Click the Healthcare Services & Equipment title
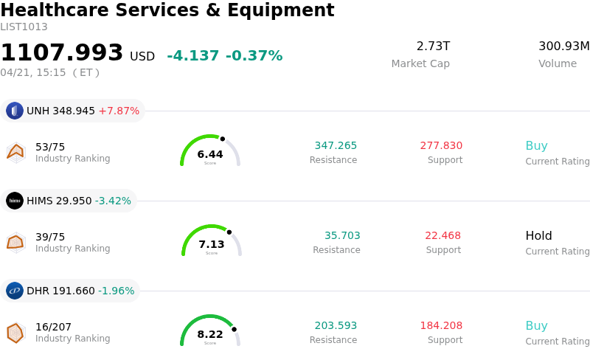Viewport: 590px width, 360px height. tap(167, 10)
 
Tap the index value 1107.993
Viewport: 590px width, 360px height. tap(62, 53)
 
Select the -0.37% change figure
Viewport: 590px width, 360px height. tap(254, 56)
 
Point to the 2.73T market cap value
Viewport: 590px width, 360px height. tap(433, 46)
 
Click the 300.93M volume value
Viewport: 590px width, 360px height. tap(563, 46)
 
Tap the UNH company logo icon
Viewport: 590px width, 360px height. tap(15, 111)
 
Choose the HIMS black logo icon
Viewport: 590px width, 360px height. tap(15, 201)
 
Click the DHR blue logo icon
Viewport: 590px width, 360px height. tap(15, 291)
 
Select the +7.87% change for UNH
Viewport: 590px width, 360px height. tap(119, 111)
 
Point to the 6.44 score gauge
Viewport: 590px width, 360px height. tap(210, 151)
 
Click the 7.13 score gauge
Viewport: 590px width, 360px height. tap(212, 241)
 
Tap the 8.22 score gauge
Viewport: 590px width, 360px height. tap(210, 331)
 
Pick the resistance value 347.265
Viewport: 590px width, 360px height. tap(336, 146)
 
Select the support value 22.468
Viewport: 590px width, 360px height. tap(442, 236)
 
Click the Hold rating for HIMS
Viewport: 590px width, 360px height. tap(538, 236)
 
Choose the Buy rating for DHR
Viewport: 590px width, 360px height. tap(536, 326)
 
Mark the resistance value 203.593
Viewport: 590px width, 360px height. tap(336, 326)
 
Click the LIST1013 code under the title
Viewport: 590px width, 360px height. tap(24, 27)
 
